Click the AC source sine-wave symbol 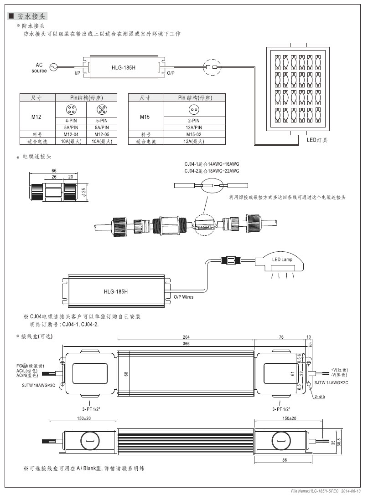click(53, 67)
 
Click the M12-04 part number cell click(71, 134)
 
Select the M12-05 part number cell click(102, 134)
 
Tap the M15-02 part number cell click(194, 134)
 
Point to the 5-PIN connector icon click(102, 109)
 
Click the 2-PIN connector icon click(193, 109)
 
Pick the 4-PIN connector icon click(71, 109)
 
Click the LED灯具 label click(317, 140)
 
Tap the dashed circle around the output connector click(203, 67)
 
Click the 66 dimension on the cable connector click(54, 171)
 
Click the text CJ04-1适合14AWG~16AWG click(212, 164)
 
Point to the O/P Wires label click(183, 297)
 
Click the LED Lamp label click(282, 260)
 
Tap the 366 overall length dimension click(186, 344)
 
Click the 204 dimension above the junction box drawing click(186, 337)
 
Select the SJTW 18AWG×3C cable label click(39, 385)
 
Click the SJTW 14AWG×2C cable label click(332, 382)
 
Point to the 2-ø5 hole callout click(320, 397)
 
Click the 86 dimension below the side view click(285, 460)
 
